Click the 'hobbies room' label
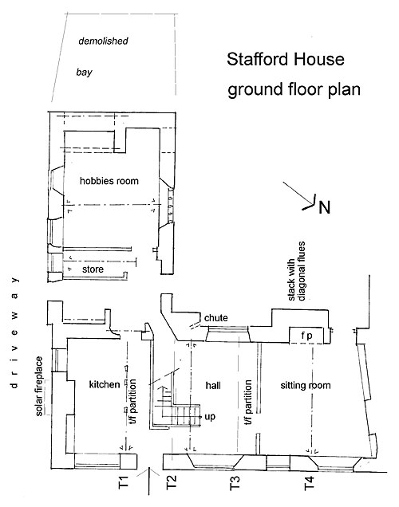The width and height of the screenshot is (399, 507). [x=109, y=181]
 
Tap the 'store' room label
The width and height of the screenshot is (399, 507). [x=93, y=269]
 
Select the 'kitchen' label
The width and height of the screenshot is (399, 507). [x=105, y=384]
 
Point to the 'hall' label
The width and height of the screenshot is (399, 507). [x=213, y=385]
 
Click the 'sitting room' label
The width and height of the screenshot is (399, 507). [x=306, y=385]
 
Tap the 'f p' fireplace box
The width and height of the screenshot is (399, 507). [x=306, y=336]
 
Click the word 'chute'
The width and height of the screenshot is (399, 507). [x=215, y=318]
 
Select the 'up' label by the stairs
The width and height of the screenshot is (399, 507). [x=210, y=417]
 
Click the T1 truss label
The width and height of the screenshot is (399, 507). [x=124, y=482]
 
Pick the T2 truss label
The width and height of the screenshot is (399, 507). [x=172, y=482]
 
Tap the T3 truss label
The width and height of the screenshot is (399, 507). [x=235, y=483]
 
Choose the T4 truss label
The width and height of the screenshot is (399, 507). [x=309, y=483]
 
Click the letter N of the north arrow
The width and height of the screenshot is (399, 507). [x=324, y=207]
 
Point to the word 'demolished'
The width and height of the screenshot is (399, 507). [x=103, y=41]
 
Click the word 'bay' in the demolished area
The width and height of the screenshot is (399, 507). [x=84, y=72]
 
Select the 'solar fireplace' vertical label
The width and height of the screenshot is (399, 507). [x=39, y=386]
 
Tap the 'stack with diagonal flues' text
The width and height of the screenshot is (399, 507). [x=296, y=271]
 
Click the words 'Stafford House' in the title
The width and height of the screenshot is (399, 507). [x=286, y=60]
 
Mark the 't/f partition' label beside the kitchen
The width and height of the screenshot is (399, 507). [x=132, y=402]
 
